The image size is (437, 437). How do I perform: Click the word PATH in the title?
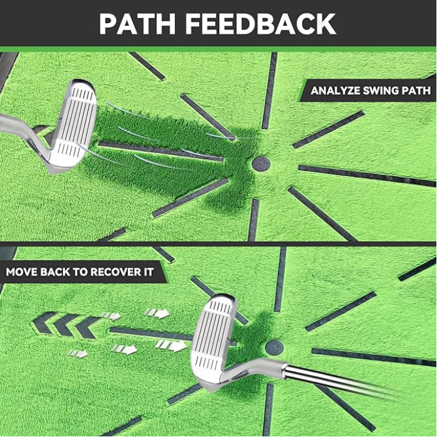(x=136, y=24)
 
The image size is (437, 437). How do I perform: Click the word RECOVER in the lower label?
(x=121, y=273)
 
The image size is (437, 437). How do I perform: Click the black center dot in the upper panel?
(x=261, y=164)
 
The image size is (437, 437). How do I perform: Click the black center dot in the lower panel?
(x=273, y=348)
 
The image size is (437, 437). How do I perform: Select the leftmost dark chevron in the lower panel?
(x=44, y=323)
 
